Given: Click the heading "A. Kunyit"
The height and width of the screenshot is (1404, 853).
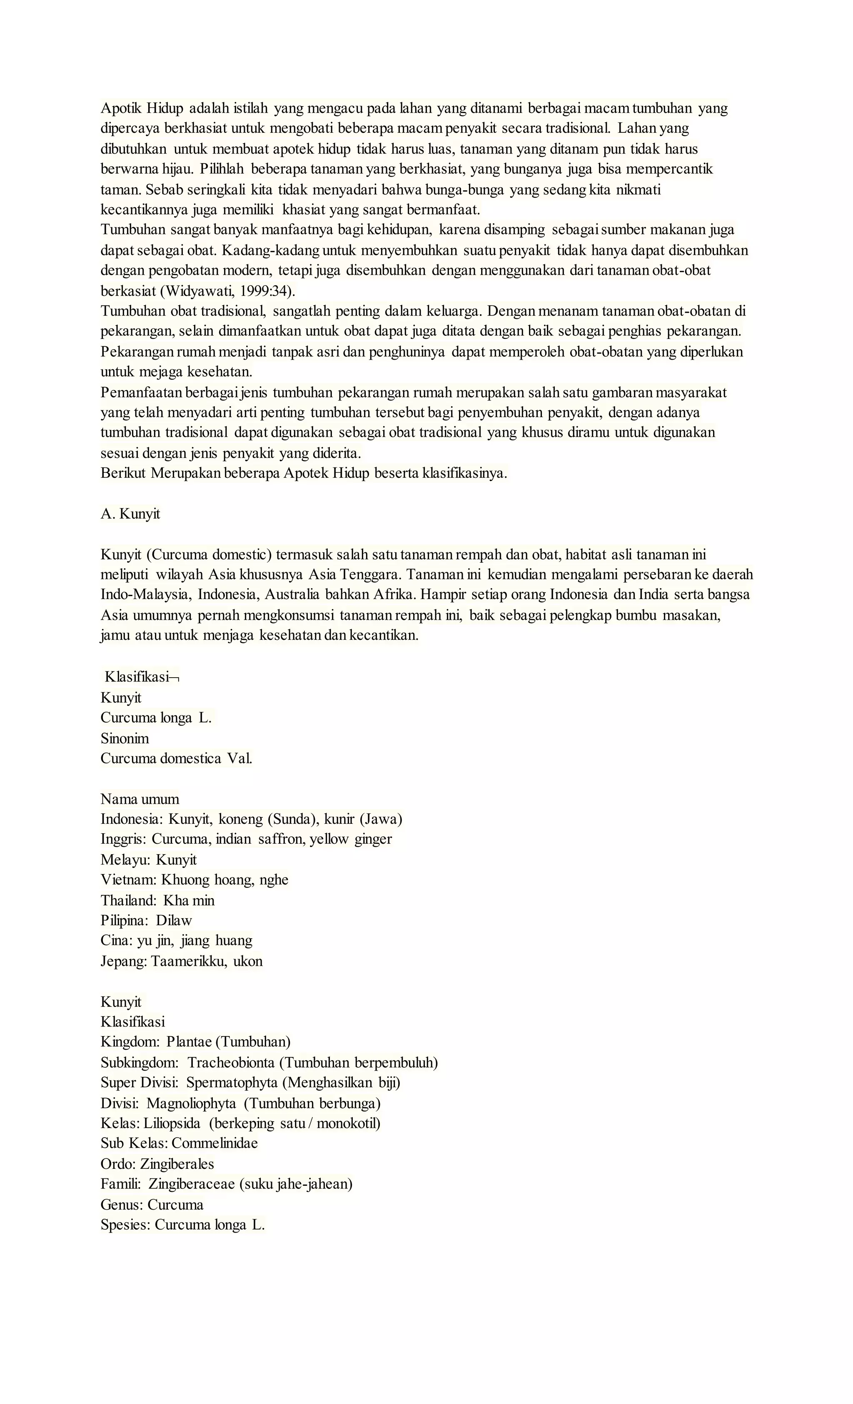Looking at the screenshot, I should (x=130, y=514).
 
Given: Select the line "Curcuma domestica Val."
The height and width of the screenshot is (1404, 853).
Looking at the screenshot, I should (x=176, y=758).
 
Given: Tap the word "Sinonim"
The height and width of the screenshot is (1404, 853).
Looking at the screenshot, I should (x=125, y=738).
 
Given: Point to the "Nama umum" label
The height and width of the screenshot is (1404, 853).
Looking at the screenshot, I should (x=140, y=799).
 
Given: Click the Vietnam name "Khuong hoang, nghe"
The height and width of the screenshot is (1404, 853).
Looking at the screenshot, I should (x=224, y=880).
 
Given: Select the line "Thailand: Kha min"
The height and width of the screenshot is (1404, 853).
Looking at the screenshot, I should (x=157, y=900).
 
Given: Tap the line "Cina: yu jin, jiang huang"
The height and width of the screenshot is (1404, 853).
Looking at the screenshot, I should (x=176, y=941).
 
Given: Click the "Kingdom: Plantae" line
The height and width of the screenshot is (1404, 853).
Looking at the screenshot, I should (x=195, y=1042).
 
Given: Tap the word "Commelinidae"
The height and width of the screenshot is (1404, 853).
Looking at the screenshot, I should (x=214, y=1143).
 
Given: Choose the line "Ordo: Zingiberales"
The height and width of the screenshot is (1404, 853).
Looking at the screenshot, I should (x=157, y=1164).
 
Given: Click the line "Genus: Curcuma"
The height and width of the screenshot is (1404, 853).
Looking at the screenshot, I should (x=152, y=1205).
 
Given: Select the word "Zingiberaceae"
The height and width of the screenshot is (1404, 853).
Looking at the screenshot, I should (x=192, y=1184).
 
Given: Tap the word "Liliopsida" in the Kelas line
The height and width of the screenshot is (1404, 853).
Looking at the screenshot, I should (x=172, y=1123).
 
